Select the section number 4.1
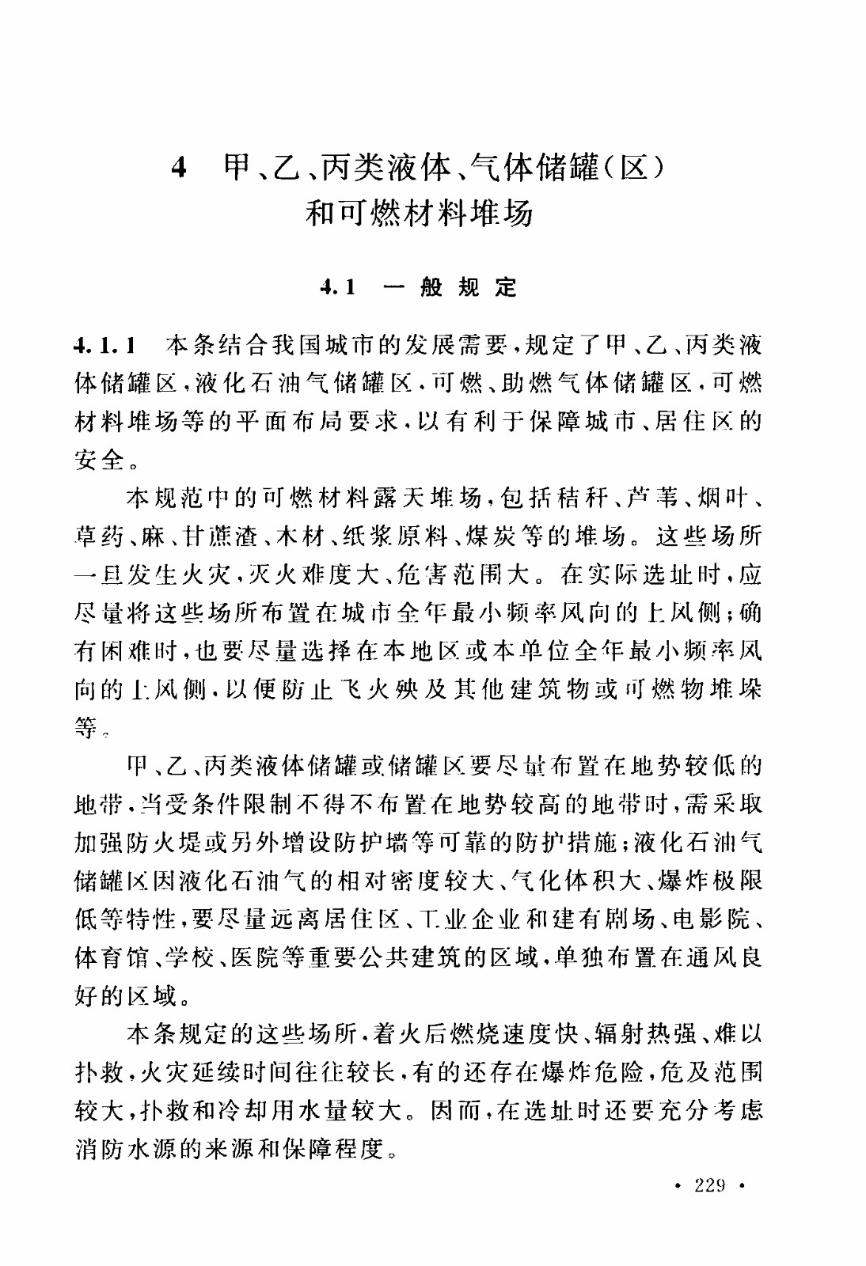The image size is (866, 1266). (x=338, y=287)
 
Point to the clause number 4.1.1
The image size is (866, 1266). (x=105, y=345)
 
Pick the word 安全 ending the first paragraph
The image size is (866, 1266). (x=99, y=459)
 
